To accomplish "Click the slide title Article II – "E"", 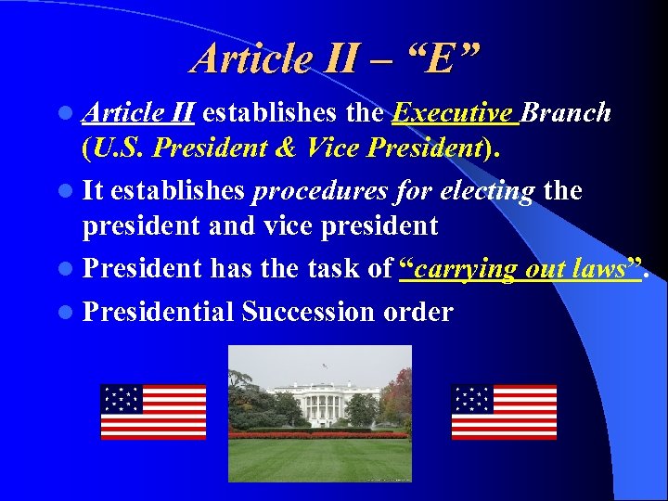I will [x=336, y=58].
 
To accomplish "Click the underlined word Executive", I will [x=454, y=113].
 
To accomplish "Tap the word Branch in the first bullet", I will [x=567, y=113].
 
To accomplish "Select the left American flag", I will [x=153, y=412].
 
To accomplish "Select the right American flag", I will [x=504, y=412].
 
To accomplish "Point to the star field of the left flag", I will [x=121, y=398].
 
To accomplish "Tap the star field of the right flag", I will [x=471, y=398].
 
